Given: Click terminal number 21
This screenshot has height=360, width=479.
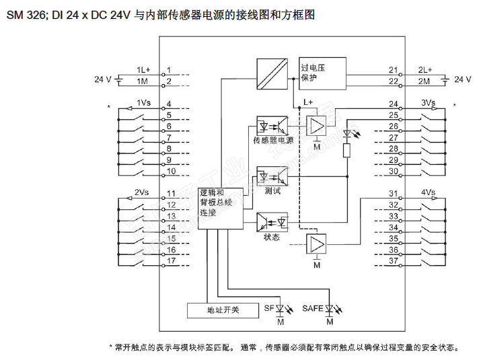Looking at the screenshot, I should (394, 70).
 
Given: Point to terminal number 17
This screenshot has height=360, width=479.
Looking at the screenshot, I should (171, 260).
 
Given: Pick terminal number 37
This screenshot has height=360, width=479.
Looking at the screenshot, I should (394, 260).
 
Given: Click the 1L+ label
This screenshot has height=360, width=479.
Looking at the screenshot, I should (143, 70).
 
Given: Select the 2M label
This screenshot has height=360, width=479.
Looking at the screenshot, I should (424, 81).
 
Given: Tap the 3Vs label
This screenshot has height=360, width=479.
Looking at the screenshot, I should (428, 103).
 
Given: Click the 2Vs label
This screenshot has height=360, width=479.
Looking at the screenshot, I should (141, 192).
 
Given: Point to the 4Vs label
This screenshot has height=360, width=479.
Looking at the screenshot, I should (428, 192).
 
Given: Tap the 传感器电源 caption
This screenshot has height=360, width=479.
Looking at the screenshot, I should (272, 141).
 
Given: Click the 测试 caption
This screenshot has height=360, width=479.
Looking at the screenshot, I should (272, 191).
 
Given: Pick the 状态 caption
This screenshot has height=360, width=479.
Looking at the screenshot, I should (272, 238).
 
